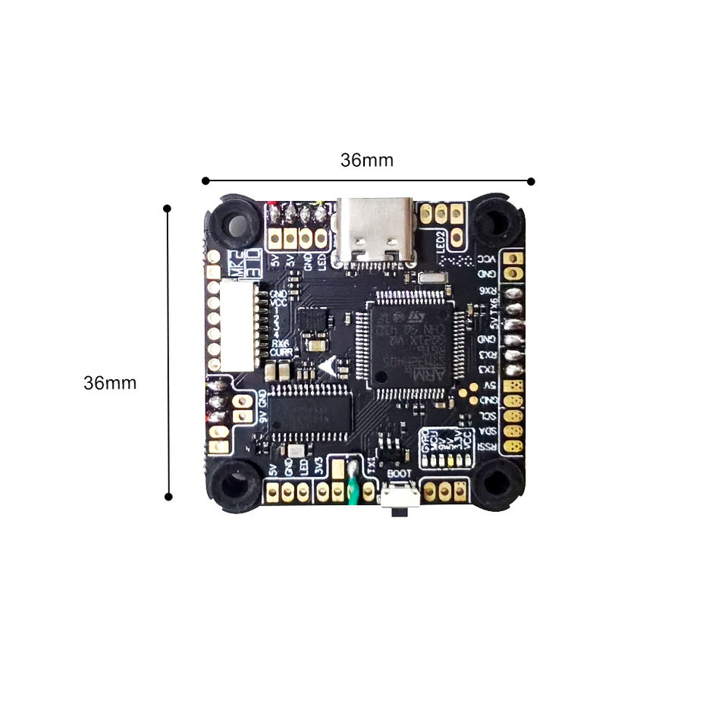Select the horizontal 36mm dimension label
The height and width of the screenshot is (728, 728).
[x=367, y=160]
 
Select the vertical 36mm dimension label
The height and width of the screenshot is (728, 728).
[x=110, y=383]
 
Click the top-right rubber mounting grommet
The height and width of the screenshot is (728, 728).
[x=496, y=221]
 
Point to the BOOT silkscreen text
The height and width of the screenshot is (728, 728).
[x=399, y=474]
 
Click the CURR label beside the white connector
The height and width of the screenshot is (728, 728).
[x=281, y=353]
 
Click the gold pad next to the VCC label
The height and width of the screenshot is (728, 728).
[x=514, y=258]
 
